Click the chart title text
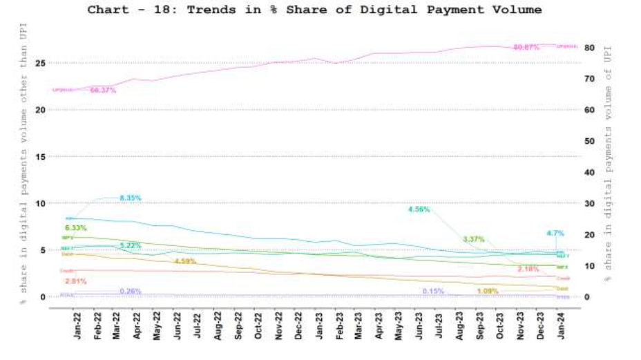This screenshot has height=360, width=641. click(314, 10)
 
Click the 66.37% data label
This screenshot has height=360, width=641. click(103, 90)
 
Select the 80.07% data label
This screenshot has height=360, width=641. click(526, 47)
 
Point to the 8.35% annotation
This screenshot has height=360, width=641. click(130, 198)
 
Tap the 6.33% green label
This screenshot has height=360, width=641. click(75, 228)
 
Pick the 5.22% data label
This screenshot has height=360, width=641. click(130, 246)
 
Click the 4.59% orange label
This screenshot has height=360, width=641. click(185, 261)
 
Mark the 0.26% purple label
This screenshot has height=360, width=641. click(130, 291)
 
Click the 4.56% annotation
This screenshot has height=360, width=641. click(419, 209)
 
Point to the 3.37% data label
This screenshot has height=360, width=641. click(473, 239)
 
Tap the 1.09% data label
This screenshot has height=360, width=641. click(487, 291)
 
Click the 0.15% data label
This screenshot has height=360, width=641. click(432, 291)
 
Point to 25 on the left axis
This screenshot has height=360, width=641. click(41, 63)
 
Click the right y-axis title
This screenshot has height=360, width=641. click(608, 162)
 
